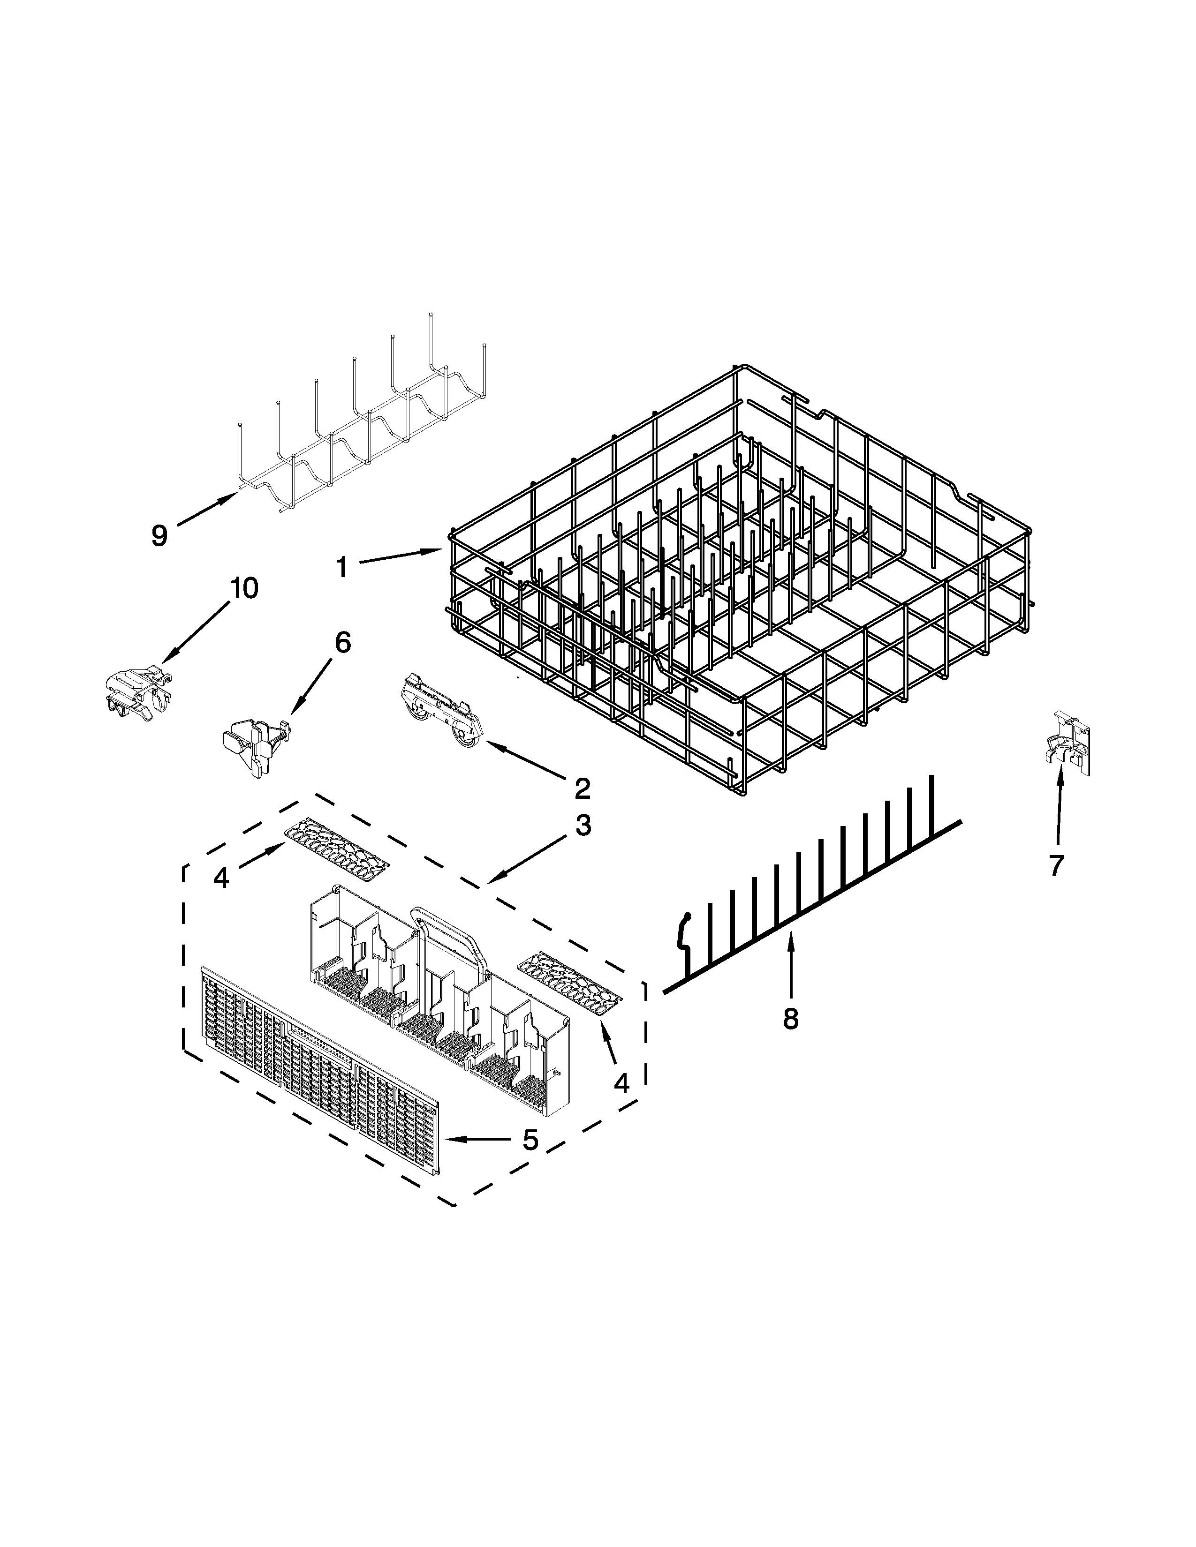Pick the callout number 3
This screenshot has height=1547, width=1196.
click(x=583, y=825)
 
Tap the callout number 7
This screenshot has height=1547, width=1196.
click(x=1056, y=865)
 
